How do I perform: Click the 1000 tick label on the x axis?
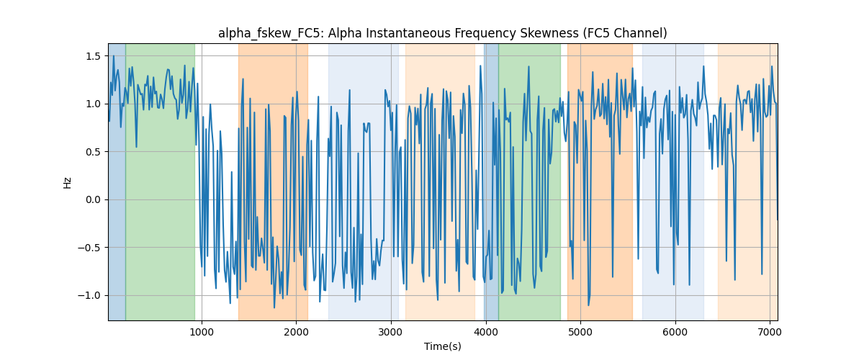(x=202, y=332)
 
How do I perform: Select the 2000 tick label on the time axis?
(x=296, y=332)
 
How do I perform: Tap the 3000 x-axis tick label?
(x=391, y=332)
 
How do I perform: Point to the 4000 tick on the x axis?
(x=485, y=332)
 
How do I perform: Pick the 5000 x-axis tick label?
(x=580, y=332)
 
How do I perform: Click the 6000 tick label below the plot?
(x=675, y=332)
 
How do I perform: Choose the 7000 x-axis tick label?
(x=770, y=332)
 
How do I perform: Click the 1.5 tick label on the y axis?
(x=92, y=56)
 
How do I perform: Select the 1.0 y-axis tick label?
(x=92, y=104)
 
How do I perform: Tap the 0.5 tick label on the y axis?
(x=92, y=152)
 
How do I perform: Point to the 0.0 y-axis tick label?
(x=92, y=200)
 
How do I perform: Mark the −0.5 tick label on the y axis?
(x=89, y=248)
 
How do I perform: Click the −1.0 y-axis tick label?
(x=89, y=296)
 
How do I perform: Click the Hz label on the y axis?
(x=67, y=183)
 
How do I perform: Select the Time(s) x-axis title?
(x=443, y=346)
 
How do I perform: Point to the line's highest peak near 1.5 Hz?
(x=114, y=56)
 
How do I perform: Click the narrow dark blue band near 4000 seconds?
(x=491, y=181)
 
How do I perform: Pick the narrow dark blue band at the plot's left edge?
(x=117, y=181)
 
